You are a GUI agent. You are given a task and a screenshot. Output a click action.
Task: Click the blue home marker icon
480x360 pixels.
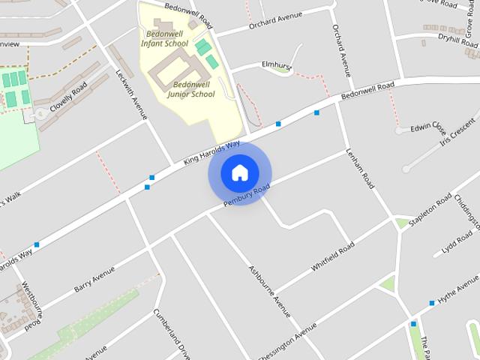239,172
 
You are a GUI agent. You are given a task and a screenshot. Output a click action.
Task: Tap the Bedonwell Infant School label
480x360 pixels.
164,38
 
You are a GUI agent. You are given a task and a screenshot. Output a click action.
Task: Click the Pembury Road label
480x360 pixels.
247,196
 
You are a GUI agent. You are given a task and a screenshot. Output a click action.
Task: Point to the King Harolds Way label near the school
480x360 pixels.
211,152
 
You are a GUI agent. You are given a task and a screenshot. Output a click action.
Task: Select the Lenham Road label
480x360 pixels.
359,168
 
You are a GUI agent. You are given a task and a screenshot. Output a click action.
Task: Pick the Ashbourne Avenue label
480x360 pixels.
268,291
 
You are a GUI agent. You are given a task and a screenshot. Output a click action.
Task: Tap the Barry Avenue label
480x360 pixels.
94,278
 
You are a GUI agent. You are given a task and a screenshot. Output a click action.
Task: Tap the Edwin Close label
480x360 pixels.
428,127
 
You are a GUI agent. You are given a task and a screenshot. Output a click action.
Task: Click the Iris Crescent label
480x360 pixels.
458,133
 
